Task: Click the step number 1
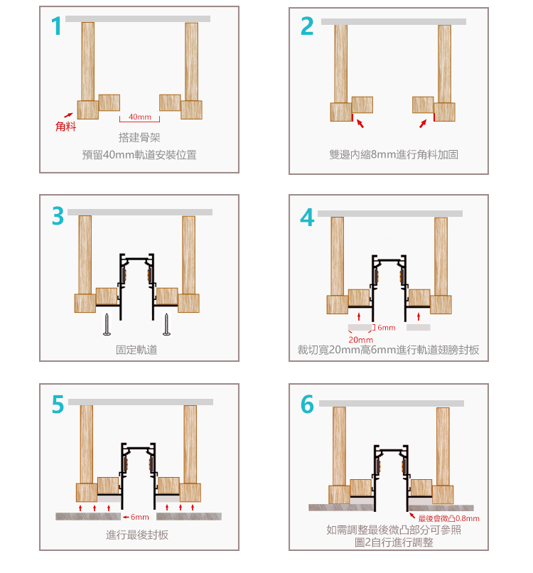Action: [x=57, y=26]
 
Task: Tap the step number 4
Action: [x=307, y=218]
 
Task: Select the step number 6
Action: [x=307, y=405]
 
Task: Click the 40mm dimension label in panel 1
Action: [x=140, y=117]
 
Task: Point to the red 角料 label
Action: [x=66, y=127]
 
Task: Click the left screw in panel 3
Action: [x=107, y=324]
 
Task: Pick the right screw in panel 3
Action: [x=166, y=324]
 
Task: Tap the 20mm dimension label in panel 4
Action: [x=361, y=340]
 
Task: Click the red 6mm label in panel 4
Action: [x=387, y=328]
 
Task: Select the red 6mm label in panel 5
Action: [x=140, y=517]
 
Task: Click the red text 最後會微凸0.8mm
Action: [x=448, y=518]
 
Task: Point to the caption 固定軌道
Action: [x=136, y=350]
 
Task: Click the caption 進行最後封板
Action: [x=137, y=535]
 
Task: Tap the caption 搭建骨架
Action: [x=139, y=137]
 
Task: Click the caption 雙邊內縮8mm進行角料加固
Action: [x=394, y=154]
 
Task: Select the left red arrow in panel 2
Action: [x=360, y=123]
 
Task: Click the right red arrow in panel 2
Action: [x=423, y=124]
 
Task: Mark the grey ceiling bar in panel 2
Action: [x=394, y=21]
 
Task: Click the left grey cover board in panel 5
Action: [x=88, y=516]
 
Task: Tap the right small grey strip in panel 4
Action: [x=419, y=327]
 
